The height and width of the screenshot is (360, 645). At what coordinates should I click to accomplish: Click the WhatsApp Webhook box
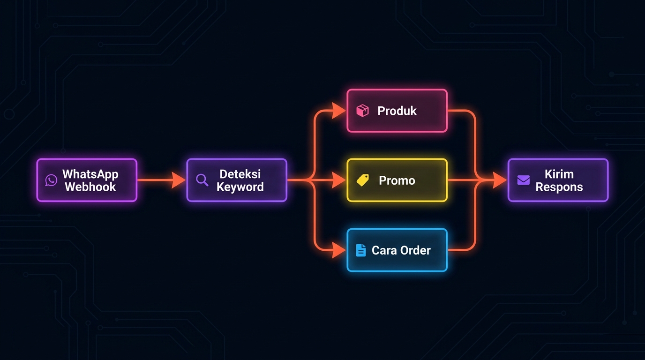(x=87, y=180)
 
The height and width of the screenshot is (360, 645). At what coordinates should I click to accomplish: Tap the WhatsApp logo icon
(x=51, y=180)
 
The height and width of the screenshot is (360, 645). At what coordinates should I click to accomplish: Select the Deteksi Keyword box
(x=237, y=180)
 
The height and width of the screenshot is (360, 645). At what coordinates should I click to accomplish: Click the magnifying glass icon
(x=202, y=180)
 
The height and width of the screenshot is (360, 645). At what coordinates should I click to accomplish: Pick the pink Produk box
(x=397, y=111)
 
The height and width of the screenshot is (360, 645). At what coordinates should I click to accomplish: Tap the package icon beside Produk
(x=362, y=111)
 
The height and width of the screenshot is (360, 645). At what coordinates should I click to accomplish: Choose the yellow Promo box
(x=397, y=180)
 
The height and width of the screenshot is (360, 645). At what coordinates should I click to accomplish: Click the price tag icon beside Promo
(x=362, y=180)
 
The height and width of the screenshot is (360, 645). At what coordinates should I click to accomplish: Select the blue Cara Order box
(x=397, y=250)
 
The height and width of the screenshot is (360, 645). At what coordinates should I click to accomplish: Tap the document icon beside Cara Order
(x=360, y=250)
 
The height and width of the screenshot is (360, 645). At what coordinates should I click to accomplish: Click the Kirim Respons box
(x=558, y=180)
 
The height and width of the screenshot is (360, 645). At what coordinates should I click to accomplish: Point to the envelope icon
(x=523, y=180)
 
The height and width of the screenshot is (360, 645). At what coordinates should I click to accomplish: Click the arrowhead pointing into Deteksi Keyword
(x=179, y=180)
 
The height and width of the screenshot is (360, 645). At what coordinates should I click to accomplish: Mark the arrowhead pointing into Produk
(x=339, y=111)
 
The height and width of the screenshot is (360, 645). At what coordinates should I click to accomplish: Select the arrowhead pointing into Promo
(x=339, y=180)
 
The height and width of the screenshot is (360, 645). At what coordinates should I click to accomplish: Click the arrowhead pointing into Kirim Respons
(x=500, y=180)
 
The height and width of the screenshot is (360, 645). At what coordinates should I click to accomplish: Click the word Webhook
(x=90, y=187)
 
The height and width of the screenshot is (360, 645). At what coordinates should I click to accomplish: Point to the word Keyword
(x=240, y=187)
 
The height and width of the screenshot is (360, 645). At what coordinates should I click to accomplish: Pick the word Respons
(x=559, y=187)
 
